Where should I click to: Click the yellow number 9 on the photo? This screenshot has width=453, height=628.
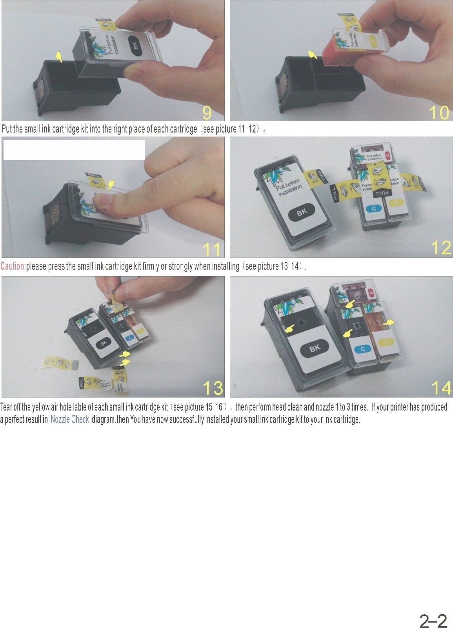[x=207, y=113]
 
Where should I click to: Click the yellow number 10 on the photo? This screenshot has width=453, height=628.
[x=439, y=113]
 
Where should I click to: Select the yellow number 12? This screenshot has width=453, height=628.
[x=441, y=248]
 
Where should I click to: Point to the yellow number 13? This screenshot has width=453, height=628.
[x=213, y=388]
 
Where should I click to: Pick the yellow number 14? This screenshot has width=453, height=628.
[x=441, y=388]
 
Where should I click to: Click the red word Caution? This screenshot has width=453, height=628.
[x=13, y=267]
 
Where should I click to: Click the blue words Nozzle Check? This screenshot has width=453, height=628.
[x=70, y=419]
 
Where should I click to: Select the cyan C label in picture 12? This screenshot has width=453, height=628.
[x=374, y=208]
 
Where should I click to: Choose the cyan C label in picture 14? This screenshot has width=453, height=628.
[x=362, y=349]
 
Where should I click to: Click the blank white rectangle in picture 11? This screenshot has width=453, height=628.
[x=74, y=150]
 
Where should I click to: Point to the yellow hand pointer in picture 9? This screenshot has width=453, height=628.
[x=59, y=57]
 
